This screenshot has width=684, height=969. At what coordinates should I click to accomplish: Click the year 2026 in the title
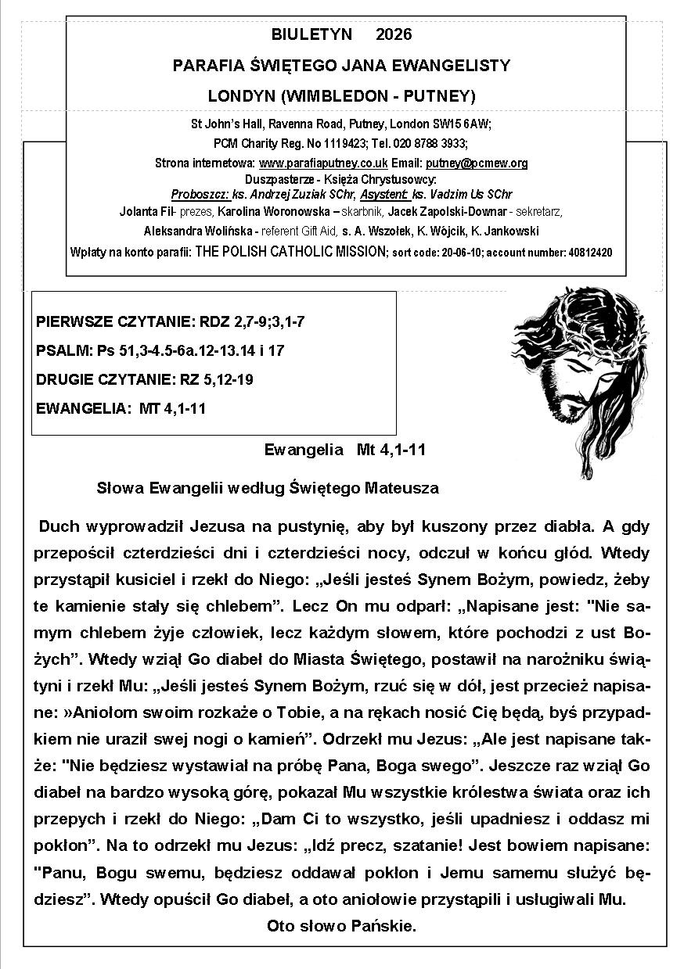pos(394,34)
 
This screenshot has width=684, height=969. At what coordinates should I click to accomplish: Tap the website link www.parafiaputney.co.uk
pos(323,163)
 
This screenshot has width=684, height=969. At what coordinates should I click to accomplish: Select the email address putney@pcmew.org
pos(477,163)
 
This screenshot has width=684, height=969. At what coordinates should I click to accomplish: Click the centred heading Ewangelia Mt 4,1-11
pos(345,450)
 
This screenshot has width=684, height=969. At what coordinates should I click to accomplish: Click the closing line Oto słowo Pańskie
pos(341,926)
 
